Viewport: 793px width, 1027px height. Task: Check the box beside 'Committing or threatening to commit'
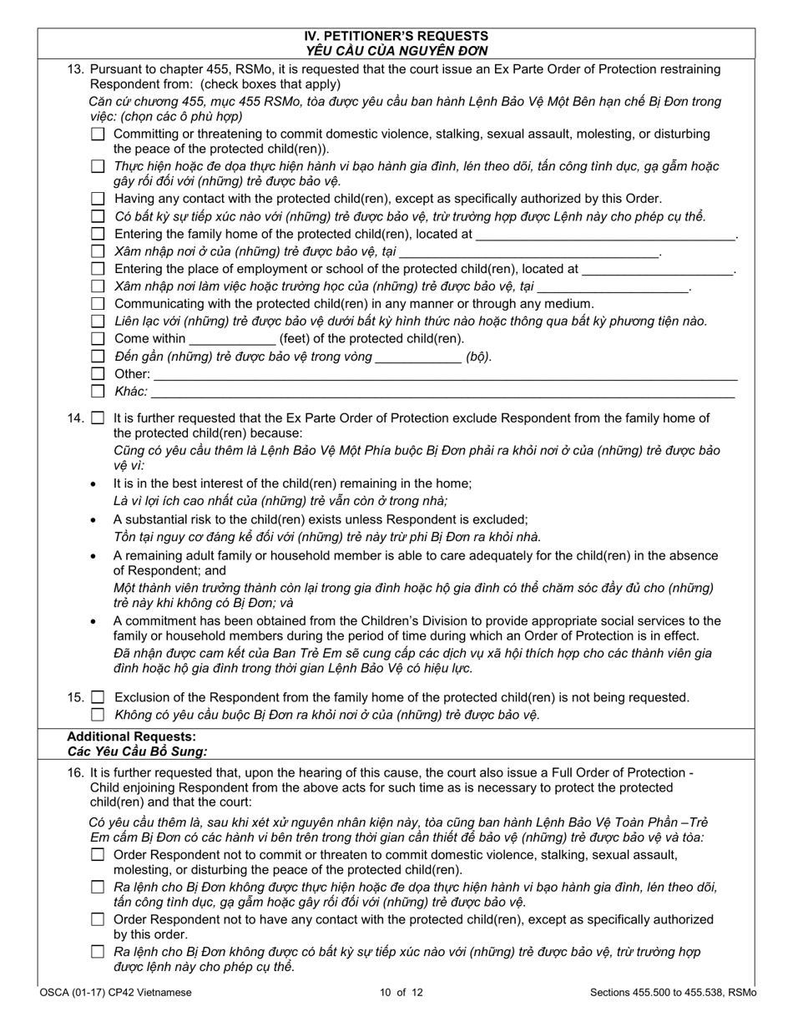[98, 134]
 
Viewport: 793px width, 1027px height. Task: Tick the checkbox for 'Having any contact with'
[98, 199]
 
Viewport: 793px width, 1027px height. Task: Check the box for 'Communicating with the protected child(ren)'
[98, 304]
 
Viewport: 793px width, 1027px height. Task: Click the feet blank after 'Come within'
[232, 340]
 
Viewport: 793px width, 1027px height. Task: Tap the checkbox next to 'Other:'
[98, 373]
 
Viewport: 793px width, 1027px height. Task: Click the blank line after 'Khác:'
[442, 392]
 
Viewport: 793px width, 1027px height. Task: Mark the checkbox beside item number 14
[98, 418]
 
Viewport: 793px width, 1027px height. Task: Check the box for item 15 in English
[98, 697]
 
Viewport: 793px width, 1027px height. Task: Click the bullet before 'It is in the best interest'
[93, 484]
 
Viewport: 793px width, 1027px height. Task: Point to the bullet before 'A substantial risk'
[93, 519]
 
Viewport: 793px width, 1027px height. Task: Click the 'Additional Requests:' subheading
[131, 736]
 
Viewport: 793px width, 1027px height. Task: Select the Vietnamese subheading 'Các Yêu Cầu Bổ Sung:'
[137, 751]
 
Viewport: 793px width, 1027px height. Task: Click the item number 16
[76, 773]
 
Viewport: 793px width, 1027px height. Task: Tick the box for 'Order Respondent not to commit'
[98, 855]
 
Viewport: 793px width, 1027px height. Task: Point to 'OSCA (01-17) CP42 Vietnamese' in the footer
[115, 993]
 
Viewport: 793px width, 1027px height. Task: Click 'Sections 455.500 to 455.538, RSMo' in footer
[672, 993]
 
